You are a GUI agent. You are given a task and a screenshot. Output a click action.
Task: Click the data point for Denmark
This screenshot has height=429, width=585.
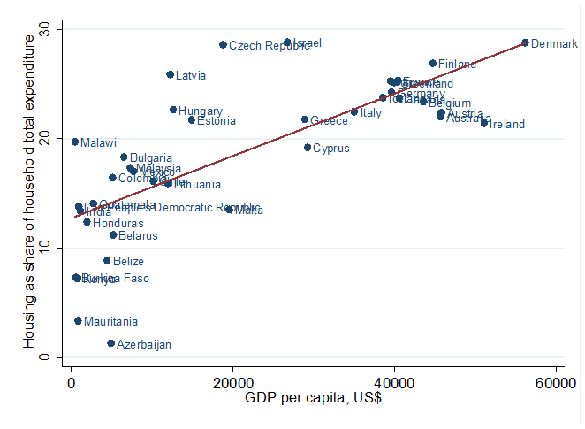pos(525,42)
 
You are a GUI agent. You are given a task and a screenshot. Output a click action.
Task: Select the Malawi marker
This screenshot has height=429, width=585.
pos(75,142)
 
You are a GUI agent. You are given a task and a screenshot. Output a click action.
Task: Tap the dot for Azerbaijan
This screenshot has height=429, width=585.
pos(111,343)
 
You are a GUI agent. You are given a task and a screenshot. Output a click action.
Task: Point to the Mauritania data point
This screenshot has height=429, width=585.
pos(78,321)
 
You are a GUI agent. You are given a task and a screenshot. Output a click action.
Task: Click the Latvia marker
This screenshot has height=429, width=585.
pos(171,75)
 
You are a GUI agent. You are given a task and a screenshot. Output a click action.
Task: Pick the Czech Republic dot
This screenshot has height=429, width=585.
pos(223,44)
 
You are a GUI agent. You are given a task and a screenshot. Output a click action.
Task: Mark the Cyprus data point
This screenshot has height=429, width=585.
pos(308,148)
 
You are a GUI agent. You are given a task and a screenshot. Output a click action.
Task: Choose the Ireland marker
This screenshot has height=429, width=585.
pos(484,123)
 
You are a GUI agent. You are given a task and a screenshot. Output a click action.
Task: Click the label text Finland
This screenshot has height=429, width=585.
pos(457,65)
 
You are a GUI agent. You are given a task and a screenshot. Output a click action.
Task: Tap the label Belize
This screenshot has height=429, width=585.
pos(128,262)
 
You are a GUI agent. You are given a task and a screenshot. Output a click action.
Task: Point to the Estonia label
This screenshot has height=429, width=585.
pos(216,121)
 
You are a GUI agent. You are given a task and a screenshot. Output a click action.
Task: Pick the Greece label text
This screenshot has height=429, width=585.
pos(329,121)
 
